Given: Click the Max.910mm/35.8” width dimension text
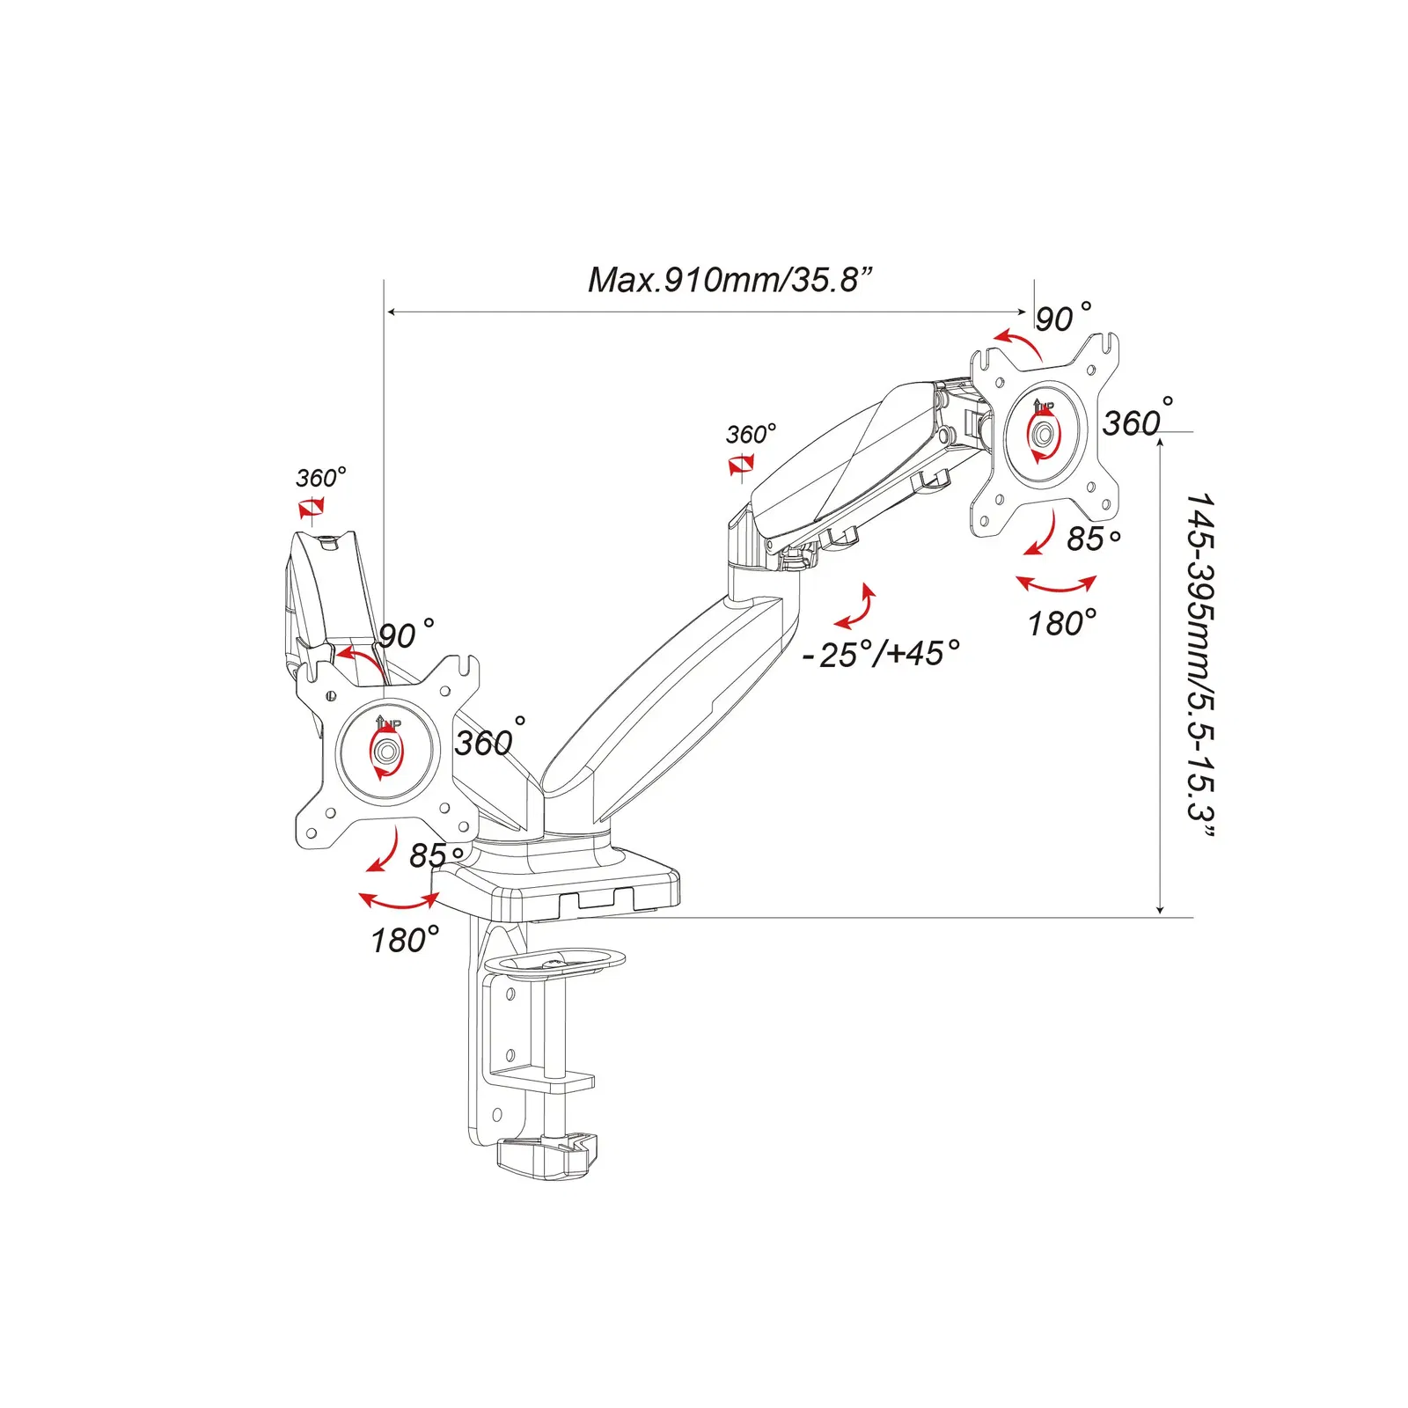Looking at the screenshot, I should (730, 280).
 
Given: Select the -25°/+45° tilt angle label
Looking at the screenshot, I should (881, 654).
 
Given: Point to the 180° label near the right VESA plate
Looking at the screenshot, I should (1062, 623).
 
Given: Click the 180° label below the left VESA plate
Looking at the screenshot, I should (404, 940).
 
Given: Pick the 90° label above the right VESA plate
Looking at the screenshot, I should (1062, 317).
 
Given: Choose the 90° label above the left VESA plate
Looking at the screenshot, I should (406, 634).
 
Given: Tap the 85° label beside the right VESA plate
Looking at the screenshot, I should (1093, 538).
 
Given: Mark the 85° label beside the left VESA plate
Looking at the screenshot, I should (436, 854).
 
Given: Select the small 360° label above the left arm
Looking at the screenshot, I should (320, 478).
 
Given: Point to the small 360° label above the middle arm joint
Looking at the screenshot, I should (751, 434).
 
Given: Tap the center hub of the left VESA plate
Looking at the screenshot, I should (386, 751).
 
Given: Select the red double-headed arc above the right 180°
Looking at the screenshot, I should (1056, 584).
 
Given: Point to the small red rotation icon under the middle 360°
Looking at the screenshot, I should (741, 464).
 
